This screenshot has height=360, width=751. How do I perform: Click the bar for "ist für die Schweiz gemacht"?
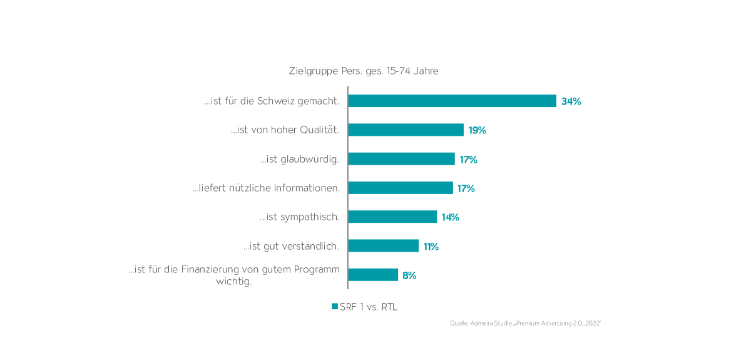point(452,101)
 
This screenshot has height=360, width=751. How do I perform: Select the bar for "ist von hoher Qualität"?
point(406,130)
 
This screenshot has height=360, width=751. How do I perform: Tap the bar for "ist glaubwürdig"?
point(401,159)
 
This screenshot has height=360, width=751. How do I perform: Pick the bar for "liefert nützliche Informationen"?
point(401,188)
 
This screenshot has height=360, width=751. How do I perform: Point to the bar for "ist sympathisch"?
point(392,217)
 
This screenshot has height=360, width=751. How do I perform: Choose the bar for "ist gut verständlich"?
point(383,246)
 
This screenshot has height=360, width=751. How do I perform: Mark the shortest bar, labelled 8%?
point(373,275)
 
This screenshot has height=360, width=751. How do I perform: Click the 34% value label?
point(571,101)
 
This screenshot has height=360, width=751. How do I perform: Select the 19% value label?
point(477,130)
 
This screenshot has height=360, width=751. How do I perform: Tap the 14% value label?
point(450,217)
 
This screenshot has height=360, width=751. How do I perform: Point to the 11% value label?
point(431,247)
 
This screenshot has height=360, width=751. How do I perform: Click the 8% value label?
point(409,275)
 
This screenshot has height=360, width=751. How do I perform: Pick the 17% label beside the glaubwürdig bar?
point(468,160)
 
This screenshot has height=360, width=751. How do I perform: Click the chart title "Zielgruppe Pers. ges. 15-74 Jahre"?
point(364,71)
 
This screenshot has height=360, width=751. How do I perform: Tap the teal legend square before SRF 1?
point(335,307)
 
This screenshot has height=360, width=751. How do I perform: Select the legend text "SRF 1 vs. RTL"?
point(369,307)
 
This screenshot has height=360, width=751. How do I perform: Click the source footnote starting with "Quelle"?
point(525,323)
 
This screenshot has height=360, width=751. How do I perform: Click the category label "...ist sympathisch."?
point(299,217)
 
